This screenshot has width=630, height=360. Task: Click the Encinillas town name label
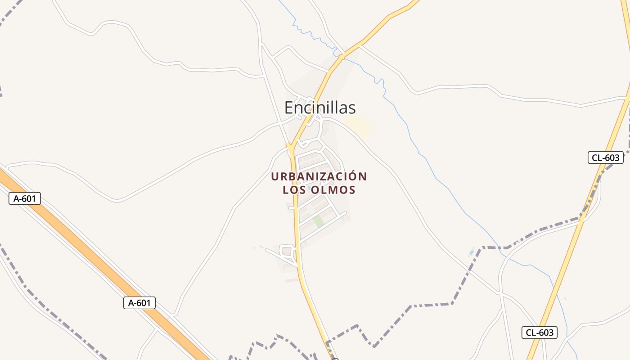[320, 108]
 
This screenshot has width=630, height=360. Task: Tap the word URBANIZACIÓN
[319, 176]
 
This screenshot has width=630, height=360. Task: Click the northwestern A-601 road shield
[25, 198]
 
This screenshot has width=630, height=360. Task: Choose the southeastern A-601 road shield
[139, 303]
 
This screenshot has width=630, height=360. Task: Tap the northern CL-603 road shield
[606, 157]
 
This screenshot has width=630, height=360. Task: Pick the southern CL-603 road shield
[540, 333]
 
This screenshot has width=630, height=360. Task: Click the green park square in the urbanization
[319, 221]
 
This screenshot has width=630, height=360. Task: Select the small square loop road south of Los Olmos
[287, 251]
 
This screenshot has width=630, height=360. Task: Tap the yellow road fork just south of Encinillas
[291, 146]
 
